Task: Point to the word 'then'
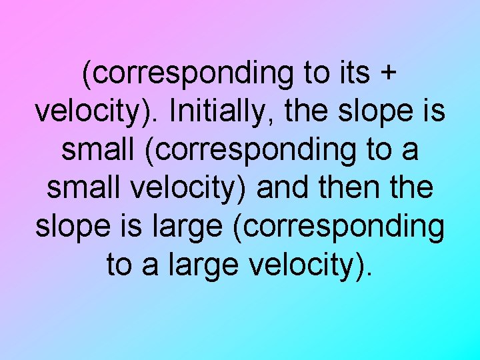pos(344,189)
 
